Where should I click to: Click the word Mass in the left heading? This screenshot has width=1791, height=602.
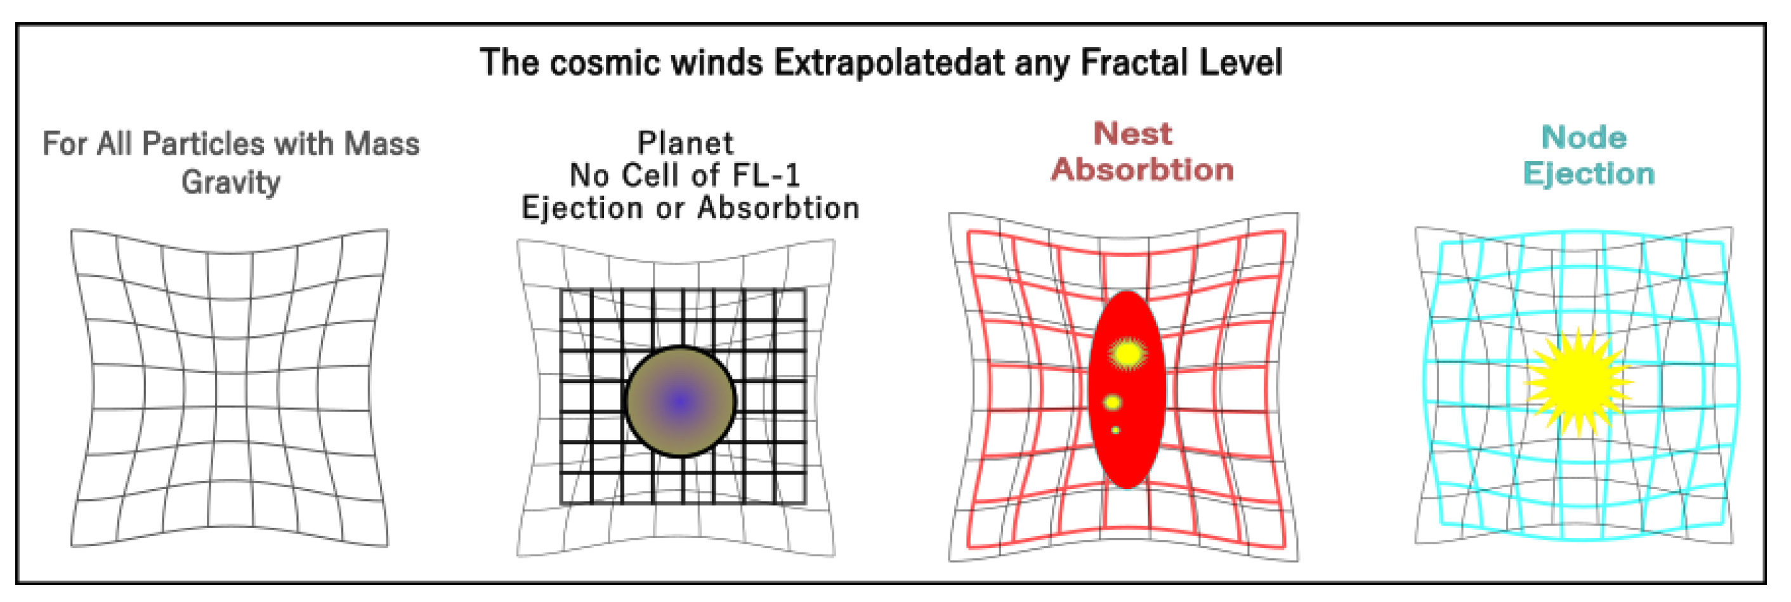point(382,144)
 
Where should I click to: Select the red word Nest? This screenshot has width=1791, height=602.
point(1133,133)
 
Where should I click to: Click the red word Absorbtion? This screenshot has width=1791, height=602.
point(1143,169)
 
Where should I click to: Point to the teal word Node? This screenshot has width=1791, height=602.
point(1585,138)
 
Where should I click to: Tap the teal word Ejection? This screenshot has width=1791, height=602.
point(1589,174)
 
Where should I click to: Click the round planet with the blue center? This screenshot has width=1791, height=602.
point(681,402)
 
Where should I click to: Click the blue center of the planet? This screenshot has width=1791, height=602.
point(681,402)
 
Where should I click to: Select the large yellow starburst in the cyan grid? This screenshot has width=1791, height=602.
point(1578,381)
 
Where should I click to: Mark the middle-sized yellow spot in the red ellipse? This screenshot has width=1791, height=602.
point(1112,402)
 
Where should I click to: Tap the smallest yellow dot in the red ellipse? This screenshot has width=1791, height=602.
point(1115,430)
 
